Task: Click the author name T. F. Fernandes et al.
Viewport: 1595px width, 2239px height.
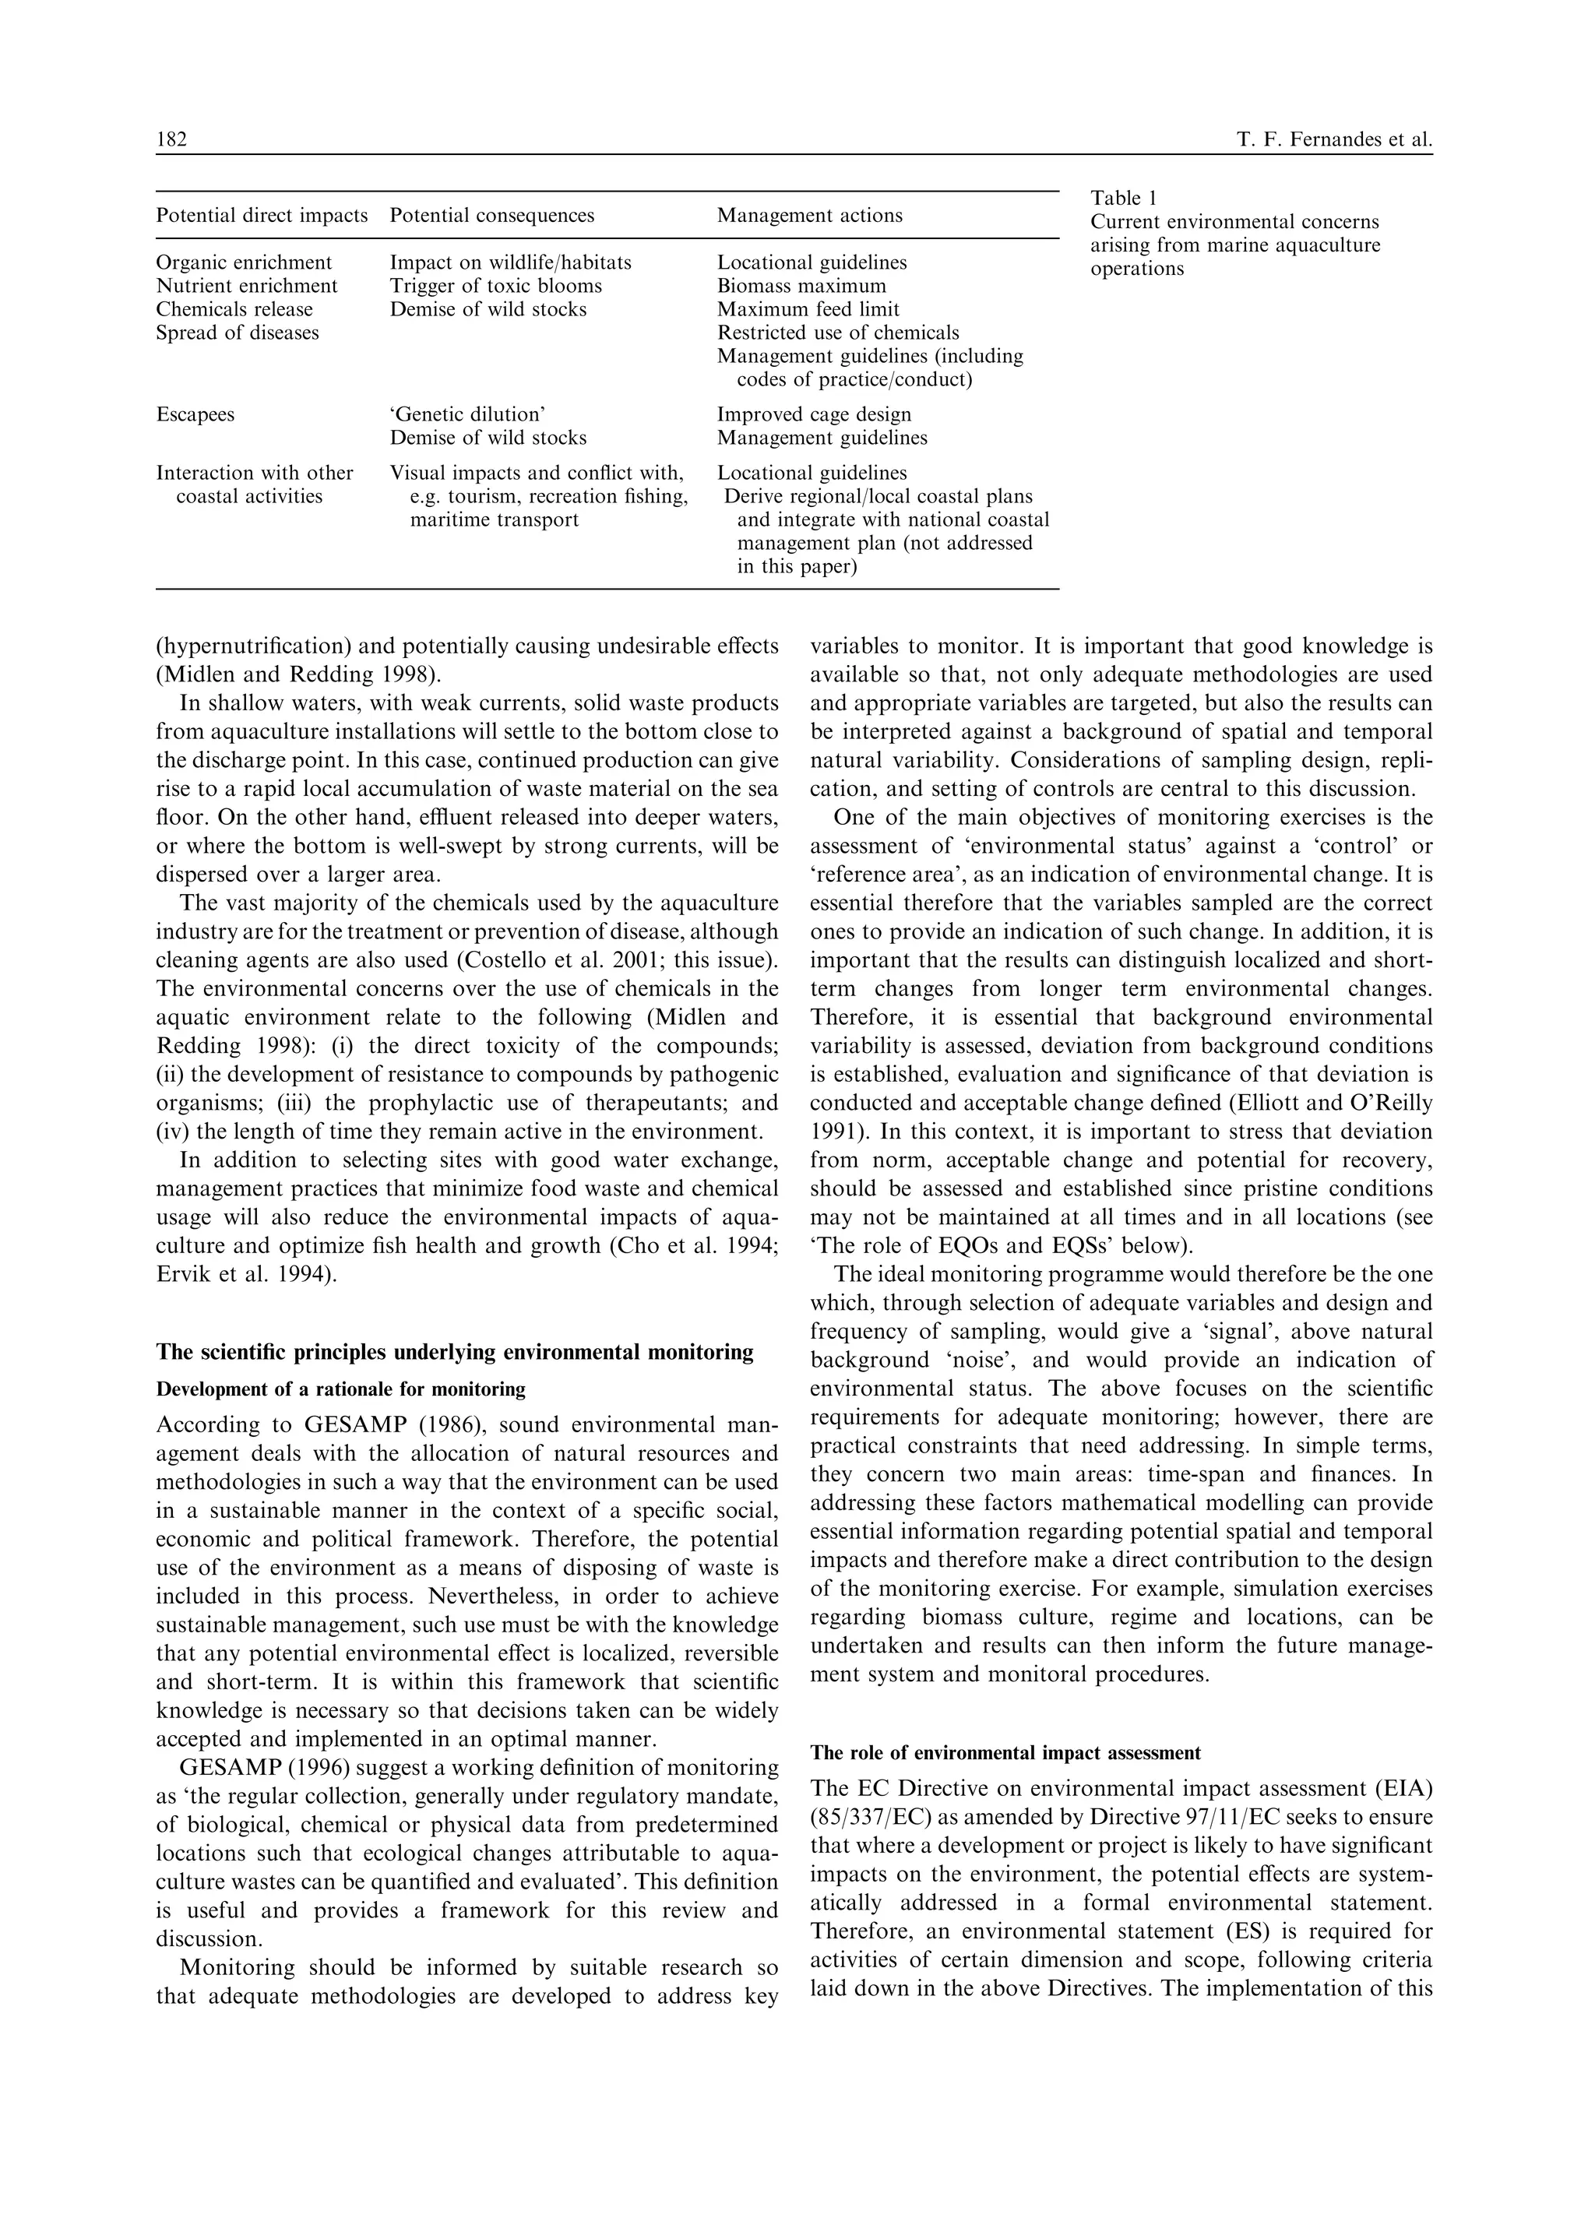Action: (x=1334, y=140)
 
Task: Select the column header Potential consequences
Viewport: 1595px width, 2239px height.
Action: (x=491, y=216)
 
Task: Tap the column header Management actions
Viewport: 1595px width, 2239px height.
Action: (x=809, y=216)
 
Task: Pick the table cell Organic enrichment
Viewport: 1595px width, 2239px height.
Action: (x=244, y=263)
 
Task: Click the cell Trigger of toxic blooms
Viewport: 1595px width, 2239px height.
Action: (x=495, y=287)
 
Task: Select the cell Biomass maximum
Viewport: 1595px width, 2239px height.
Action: (x=801, y=287)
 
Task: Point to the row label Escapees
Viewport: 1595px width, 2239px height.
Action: (x=195, y=414)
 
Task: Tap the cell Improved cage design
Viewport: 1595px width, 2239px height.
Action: (x=813, y=414)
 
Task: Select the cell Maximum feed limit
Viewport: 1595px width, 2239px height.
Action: (x=808, y=310)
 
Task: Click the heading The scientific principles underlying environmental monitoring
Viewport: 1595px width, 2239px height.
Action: (x=454, y=1352)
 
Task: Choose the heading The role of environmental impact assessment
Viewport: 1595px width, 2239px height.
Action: (x=1005, y=1753)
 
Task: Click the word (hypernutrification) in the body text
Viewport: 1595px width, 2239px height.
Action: (x=249, y=646)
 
